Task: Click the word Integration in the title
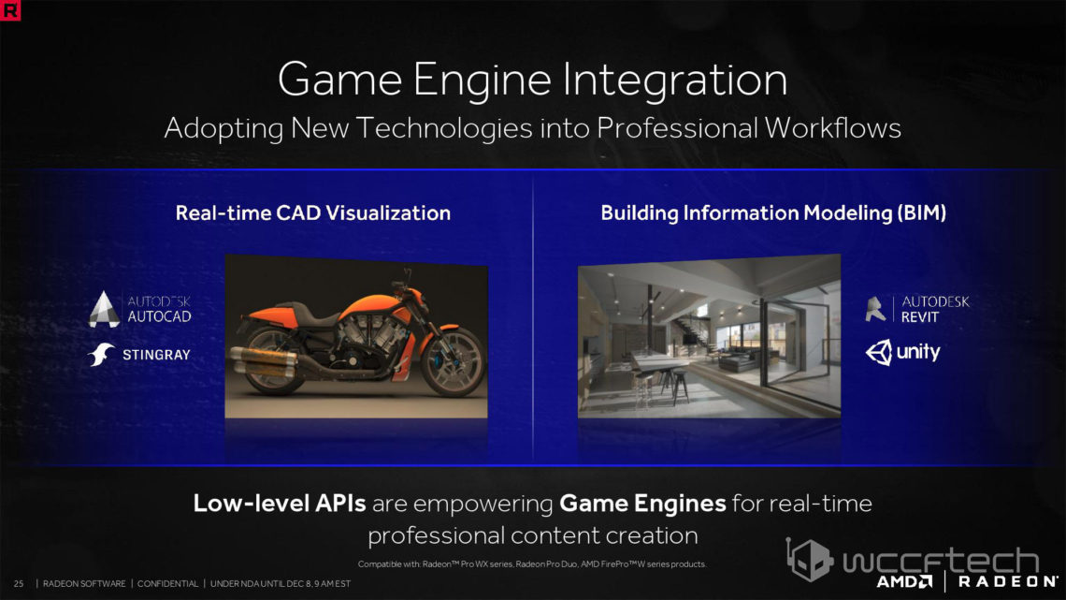[675, 80]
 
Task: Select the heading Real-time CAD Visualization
[312, 212]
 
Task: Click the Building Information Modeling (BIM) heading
[773, 212]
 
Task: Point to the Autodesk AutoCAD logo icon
[104, 310]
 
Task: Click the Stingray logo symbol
[101, 355]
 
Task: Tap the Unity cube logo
[878, 352]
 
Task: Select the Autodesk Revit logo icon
[875, 309]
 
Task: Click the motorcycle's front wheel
[453, 362]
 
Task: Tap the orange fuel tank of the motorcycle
[372, 305]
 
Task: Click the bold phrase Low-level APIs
[280, 504]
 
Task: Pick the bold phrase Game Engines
[642, 505]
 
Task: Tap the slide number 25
[19, 584]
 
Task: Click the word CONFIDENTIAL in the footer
[168, 584]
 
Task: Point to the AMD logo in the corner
[904, 581]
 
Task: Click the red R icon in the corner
[10, 9]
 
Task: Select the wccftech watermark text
[940, 562]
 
